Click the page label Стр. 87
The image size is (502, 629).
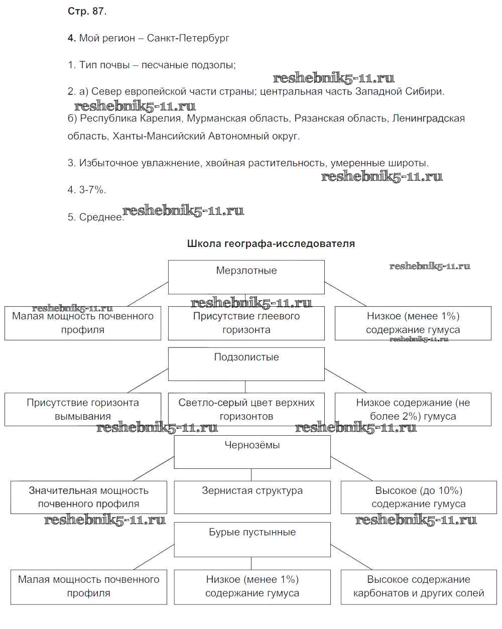pos(87,11)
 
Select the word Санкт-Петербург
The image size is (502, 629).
pos(188,38)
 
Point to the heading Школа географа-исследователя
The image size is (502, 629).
pos(271,243)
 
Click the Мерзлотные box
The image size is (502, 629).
pos(246,277)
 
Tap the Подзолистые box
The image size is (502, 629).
pos(246,363)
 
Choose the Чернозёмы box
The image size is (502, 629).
pos(252,451)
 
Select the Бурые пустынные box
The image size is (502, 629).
pos(252,539)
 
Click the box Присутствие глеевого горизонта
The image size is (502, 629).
pos(246,323)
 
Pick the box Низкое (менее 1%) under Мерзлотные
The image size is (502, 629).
pos(413,323)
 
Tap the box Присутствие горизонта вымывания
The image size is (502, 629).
pos(83,410)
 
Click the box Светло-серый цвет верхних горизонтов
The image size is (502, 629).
pos(246,410)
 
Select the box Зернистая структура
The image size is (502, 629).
pos(252,496)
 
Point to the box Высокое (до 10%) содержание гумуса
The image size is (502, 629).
pos(418,497)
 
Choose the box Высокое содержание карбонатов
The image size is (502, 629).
pos(418,586)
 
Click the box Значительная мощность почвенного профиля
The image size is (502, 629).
pos(89,497)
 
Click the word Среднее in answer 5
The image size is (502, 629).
pos(100,217)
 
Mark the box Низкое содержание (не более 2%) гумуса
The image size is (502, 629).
pos(413,410)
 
